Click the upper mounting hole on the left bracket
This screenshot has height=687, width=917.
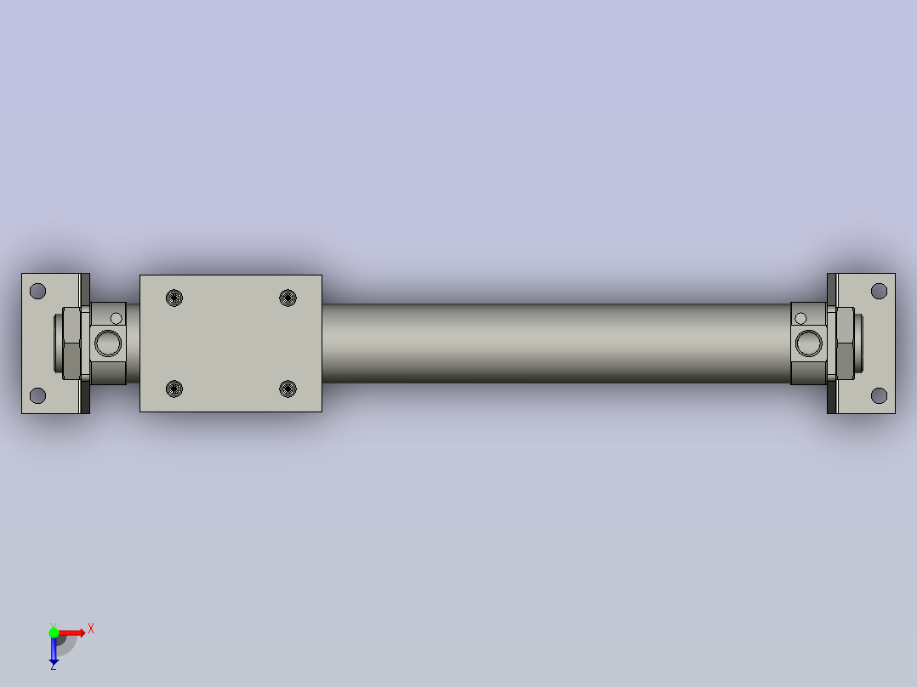37,291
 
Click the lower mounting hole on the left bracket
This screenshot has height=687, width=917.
37,395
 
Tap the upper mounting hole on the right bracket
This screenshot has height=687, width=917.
879,291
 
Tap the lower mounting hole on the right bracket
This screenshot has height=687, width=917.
879,395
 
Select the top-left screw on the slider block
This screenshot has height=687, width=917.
174,298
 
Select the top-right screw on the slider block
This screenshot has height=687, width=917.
288,298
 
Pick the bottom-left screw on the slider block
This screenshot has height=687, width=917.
174,389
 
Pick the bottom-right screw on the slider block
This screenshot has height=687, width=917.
288,389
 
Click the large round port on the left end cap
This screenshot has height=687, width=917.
108,343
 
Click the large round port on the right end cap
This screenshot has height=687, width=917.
809,343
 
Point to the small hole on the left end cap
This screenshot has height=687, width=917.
117,319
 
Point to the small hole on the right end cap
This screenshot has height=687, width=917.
800,319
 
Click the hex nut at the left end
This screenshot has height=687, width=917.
71,343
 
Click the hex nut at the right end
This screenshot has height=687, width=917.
846,343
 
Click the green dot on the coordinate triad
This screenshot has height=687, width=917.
54,632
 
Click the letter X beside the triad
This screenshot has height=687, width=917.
90,629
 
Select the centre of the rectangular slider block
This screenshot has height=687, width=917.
231,343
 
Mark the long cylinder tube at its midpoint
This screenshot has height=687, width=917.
556,343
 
